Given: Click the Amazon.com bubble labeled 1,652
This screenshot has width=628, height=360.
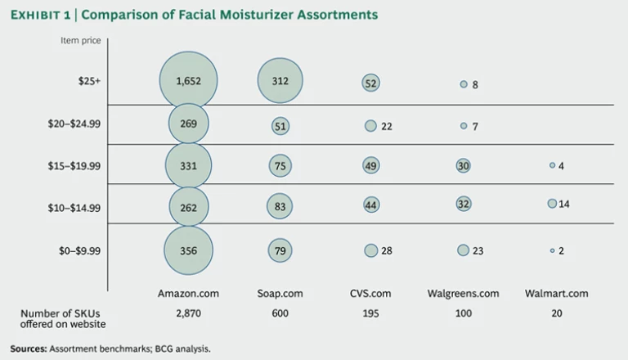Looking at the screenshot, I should click(x=189, y=81).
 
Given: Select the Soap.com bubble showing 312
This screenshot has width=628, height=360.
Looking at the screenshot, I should click(x=280, y=81).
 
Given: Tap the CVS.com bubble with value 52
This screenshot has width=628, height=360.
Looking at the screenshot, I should click(x=371, y=83).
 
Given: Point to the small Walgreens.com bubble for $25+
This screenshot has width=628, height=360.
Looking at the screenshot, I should click(x=464, y=84).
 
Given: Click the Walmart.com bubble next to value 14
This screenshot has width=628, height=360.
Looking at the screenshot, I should click(x=552, y=204).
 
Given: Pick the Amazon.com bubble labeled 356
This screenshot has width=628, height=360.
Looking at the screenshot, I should click(x=189, y=250).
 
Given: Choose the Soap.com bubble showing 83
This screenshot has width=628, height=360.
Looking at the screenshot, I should click(x=280, y=207).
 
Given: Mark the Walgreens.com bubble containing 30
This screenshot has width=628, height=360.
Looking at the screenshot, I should click(x=464, y=165).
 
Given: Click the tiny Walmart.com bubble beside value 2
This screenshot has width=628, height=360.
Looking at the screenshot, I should click(x=552, y=250).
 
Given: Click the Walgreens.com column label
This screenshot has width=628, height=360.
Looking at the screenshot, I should click(x=464, y=293).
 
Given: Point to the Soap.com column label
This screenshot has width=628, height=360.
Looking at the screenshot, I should click(x=280, y=293).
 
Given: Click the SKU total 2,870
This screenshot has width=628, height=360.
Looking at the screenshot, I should click(x=189, y=313).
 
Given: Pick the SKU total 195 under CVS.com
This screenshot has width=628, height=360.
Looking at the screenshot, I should click(x=371, y=313).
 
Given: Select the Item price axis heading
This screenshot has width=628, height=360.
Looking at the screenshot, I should click(x=78, y=40).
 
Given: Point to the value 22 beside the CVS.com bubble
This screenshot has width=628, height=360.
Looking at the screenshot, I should click(x=387, y=126).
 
